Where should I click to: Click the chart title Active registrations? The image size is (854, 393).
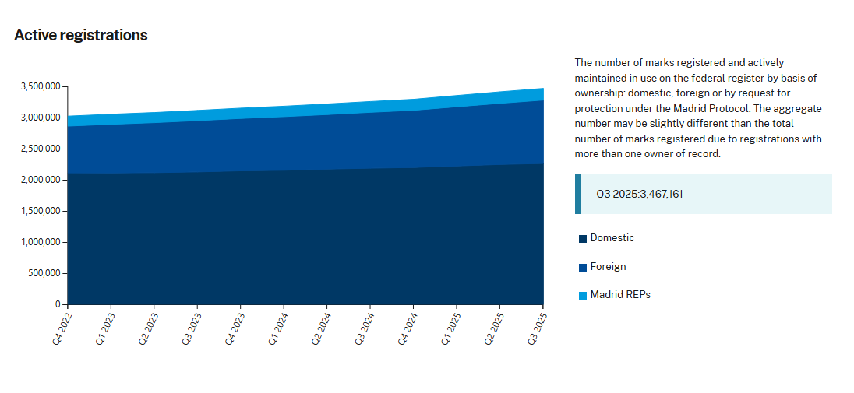click(81, 35)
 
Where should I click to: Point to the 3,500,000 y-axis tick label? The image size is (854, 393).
click(39, 86)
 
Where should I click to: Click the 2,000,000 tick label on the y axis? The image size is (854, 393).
click(39, 180)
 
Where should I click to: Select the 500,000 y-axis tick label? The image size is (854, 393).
click(44, 273)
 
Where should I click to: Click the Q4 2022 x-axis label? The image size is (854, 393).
click(62, 329)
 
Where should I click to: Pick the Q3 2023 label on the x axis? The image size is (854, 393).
click(192, 329)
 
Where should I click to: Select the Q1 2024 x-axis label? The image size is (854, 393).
click(278, 329)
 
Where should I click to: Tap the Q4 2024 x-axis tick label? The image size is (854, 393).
click(408, 329)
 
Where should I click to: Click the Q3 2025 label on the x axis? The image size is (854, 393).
click(537, 329)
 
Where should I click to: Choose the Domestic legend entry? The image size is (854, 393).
click(612, 238)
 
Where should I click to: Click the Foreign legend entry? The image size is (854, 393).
click(608, 267)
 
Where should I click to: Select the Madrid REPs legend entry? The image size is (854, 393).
click(620, 295)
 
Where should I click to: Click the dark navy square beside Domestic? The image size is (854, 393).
click(583, 239)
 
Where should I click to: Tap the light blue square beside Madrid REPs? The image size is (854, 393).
click(583, 296)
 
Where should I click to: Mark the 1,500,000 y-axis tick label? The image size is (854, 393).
click(39, 211)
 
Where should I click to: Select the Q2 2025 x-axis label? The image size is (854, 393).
click(494, 329)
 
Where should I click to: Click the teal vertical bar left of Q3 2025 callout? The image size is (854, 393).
click(578, 194)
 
